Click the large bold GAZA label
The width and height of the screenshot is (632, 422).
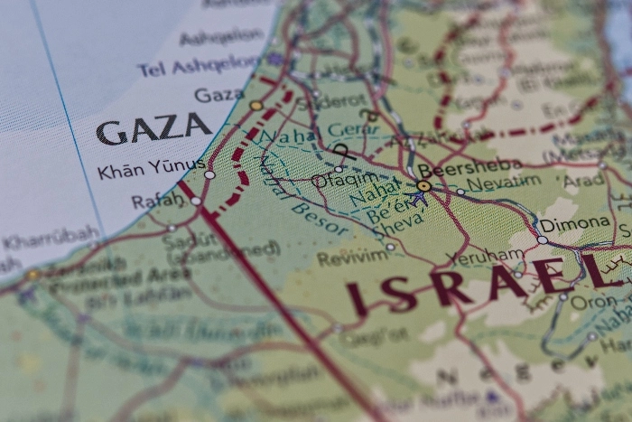153,131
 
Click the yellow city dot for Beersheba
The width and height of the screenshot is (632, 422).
423,185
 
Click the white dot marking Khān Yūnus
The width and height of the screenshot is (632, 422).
209,174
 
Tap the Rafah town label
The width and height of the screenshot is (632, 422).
157,201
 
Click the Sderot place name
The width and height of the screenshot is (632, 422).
342,99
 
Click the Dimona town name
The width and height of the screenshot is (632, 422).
575,223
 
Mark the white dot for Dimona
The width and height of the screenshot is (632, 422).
542,239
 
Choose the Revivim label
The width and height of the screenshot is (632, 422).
352,258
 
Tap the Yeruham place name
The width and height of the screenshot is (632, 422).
484,258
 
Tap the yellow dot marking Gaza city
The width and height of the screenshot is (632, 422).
256,106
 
